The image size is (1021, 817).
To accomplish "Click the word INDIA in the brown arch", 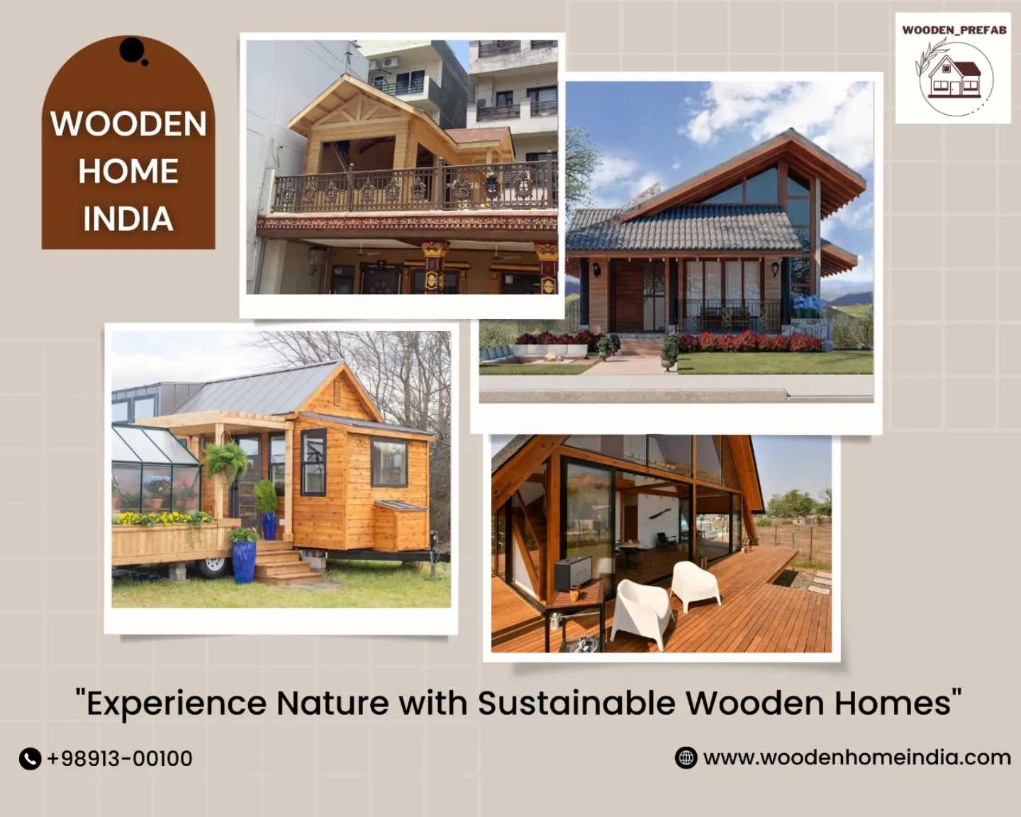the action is click(x=128, y=218).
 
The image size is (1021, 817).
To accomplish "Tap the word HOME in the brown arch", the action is click(x=128, y=171).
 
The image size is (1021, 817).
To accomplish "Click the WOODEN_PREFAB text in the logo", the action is click(x=954, y=30).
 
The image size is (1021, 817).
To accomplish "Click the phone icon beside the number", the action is click(x=30, y=759).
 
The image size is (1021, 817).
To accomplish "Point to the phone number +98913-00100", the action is click(x=120, y=758).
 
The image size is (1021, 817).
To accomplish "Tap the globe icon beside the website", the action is click(x=686, y=757).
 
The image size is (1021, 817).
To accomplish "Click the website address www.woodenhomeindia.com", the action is click(x=857, y=757).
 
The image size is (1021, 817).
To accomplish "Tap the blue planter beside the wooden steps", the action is click(x=245, y=562).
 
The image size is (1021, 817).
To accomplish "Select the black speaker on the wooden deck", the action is click(x=573, y=572).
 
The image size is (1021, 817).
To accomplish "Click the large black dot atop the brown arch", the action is click(x=132, y=50).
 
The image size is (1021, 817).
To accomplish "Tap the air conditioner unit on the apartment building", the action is click(x=391, y=62).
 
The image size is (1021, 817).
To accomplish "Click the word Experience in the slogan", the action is click(x=177, y=704).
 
